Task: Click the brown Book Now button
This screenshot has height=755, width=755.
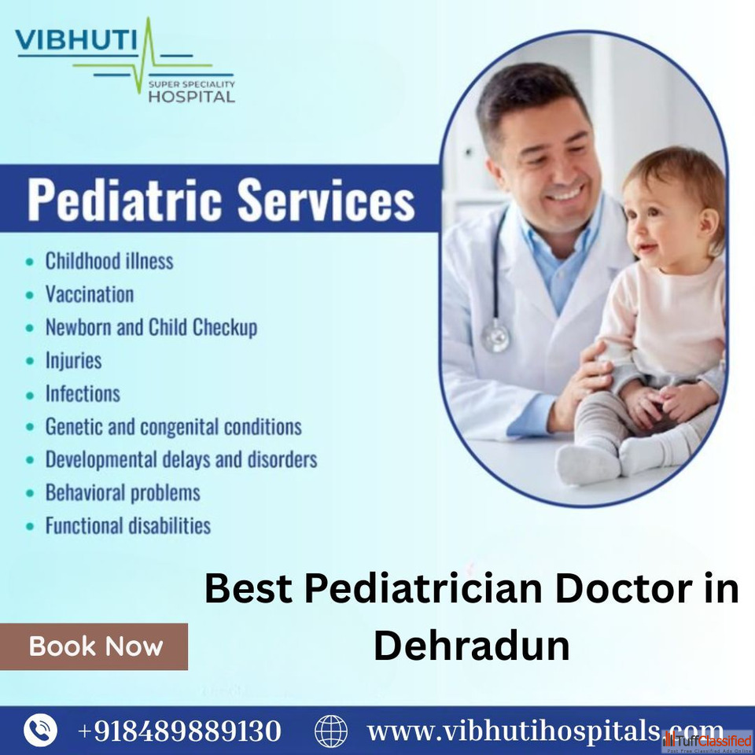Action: point(94,646)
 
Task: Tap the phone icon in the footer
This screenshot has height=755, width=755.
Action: point(40,731)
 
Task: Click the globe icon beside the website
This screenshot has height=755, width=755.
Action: point(331,731)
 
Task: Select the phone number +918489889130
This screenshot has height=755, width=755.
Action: point(179,731)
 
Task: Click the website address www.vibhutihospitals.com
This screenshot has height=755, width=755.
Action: point(545,731)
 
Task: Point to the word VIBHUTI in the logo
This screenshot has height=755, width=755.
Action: point(76,40)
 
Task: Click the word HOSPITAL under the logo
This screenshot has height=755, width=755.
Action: point(191,97)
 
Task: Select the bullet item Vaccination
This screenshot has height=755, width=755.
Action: point(90,294)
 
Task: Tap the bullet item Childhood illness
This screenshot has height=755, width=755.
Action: point(109,261)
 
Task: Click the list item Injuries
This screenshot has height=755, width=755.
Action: point(73,361)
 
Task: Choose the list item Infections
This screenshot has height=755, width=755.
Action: point(83,393)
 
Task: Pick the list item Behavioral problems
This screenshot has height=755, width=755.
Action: point(123,492)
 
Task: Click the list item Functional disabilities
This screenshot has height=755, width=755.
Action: point(128,525)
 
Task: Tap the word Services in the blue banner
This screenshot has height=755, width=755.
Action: point(326,200)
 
